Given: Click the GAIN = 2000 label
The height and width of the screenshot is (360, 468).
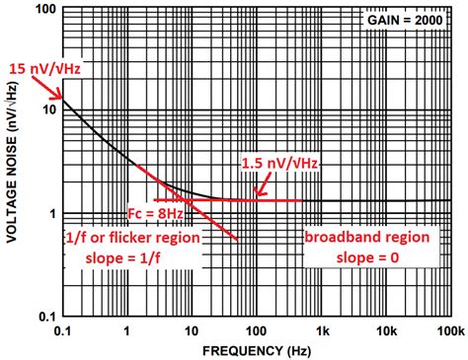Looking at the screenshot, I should click(405, 21).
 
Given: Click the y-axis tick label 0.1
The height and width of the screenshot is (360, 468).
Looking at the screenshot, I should click(41, 317).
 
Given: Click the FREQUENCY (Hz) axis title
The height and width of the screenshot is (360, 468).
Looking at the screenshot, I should click(257, 350).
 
